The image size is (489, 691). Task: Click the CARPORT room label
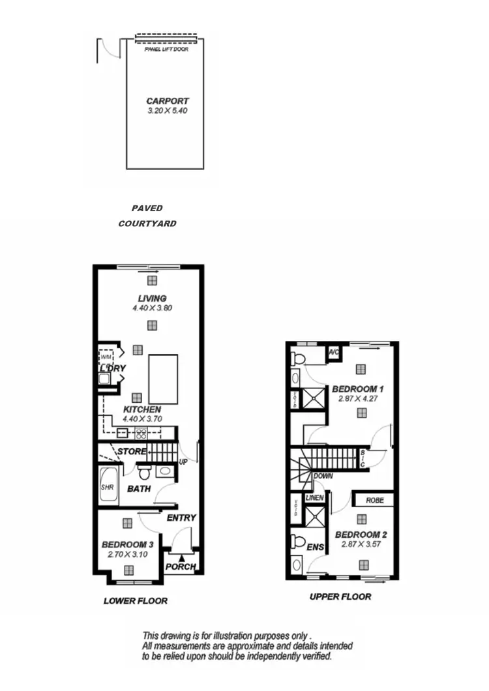pyautogui.click(x=168, y=101)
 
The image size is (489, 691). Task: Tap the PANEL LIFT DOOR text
pyautogui.click(x=166, y=49)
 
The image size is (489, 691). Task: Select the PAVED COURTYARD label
pyautogui.click(x=147, y=216)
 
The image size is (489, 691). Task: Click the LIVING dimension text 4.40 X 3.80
pyautogui.click(x=152, y=308)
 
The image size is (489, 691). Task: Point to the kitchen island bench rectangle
pyautogui.click(x=163, y=379)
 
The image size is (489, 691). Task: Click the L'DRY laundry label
pyautogui.click(x=112, y=368)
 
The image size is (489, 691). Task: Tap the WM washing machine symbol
pyautogui.click(x=106, y=357)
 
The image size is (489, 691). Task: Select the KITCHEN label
pyautogui.click(x=142, y=409)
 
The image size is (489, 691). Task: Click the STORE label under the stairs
pyautogui.click(x=132, y=451)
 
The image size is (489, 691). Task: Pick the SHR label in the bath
pyautogui.click(x=108, y=487)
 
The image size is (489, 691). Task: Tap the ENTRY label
pyautogui.click(x=181, y=518)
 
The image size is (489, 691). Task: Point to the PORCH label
pyautogui.click(x=181, y=566)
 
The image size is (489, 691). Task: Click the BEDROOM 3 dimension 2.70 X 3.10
pyautogui.click(x=127, y=554)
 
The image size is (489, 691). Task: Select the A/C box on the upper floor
pyautogui.click(x=334, y=352)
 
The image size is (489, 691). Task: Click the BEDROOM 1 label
pyautogui.click(x=357, y=389)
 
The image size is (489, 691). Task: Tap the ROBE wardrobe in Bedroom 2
pyautogui.click(x=374, y=500)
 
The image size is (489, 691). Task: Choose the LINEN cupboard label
pyautogui.click(x=314, y=498)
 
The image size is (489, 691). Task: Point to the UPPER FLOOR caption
pyautogui.click(x=340, y=596)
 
